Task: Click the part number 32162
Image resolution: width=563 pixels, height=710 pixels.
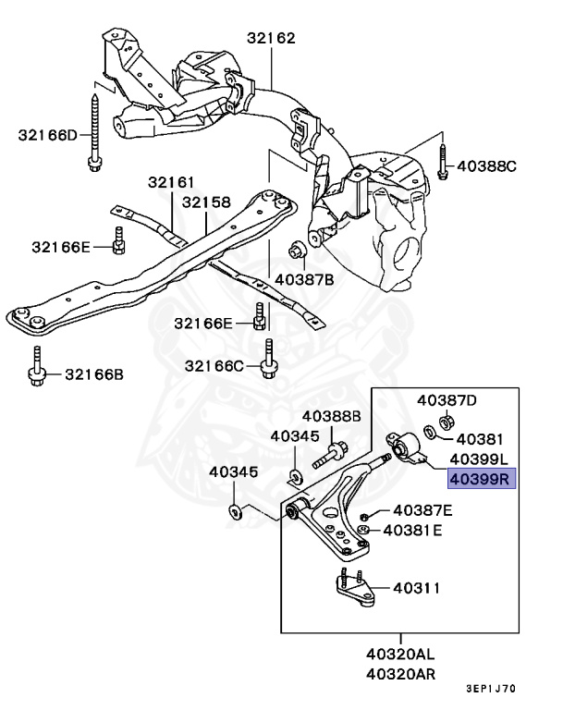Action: click(271, 39)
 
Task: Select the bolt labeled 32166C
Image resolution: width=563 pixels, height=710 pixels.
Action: click(267, 361)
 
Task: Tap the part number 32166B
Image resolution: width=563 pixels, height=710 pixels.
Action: click(93, 374)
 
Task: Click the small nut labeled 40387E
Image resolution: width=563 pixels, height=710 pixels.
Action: click(366, 513)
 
